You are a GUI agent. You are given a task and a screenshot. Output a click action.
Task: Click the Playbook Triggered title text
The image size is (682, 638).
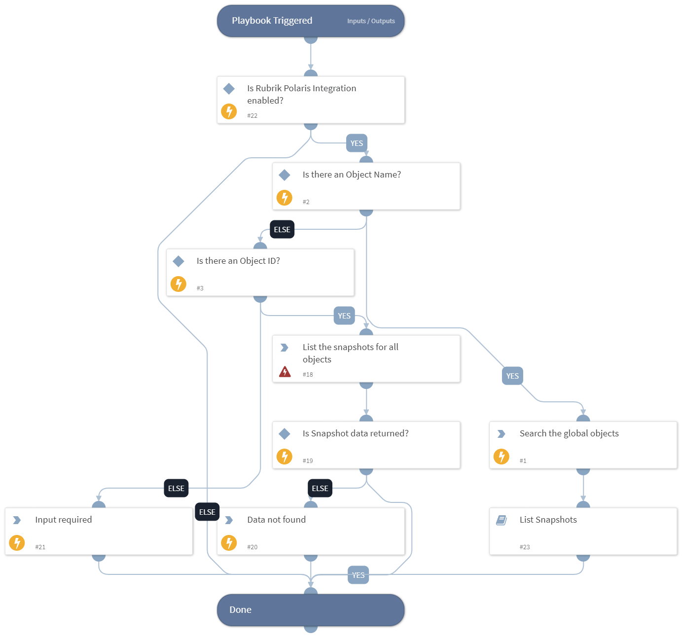(272, 21)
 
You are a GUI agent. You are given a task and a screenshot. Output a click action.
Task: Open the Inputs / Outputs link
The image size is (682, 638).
(371, 21)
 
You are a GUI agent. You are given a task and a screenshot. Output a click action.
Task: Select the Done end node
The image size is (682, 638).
(311, 610)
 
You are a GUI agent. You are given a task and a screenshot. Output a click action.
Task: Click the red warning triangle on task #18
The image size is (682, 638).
(285, 372)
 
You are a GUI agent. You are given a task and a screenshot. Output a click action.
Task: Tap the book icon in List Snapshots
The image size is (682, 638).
(502, 520)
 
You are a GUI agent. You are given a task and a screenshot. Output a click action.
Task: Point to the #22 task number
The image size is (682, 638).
(252, 116)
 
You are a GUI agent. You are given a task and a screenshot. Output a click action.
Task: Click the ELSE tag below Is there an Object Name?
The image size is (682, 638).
(282, 230)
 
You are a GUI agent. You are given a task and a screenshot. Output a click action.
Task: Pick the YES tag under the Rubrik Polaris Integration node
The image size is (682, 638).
(357, 143)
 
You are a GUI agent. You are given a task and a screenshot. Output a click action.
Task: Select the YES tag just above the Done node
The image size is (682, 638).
(358, 575)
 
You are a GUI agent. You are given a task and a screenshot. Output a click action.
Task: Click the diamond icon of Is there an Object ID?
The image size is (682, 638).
(179, 261)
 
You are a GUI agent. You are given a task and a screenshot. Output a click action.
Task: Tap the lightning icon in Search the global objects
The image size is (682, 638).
(502, 457)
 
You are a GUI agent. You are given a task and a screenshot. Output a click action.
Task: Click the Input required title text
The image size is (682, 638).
(64, 520)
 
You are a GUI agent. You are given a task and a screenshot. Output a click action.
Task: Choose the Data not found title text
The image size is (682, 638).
(276, 520)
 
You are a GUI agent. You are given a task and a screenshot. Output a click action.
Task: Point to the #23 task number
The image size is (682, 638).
(525, 547)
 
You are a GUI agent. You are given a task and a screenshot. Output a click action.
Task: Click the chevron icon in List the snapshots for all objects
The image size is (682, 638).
(285, 348)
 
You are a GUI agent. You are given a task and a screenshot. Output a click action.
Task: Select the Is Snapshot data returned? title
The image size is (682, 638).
(356, 433)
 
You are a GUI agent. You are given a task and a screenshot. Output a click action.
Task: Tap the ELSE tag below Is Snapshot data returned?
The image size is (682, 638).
(320, 489)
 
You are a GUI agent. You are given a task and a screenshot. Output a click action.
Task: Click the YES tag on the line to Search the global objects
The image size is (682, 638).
(512, 376)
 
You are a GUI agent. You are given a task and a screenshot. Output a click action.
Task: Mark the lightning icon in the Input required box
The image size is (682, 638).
(17, 543)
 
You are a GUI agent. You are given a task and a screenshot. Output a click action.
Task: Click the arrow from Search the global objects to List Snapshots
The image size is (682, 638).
(583, 488)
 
